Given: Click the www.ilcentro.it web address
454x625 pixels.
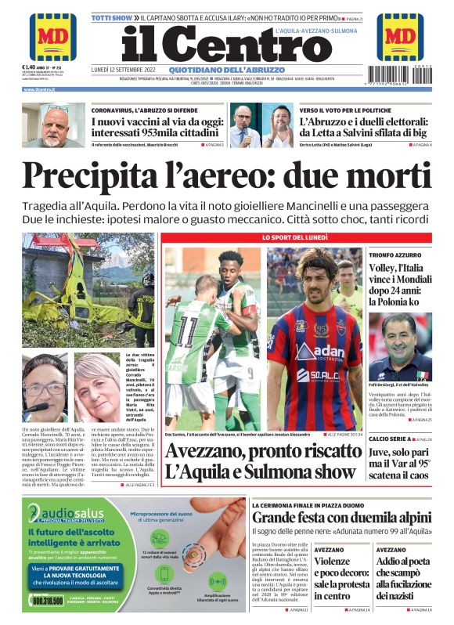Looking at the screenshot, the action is pyautogui.click(x=43, y=89).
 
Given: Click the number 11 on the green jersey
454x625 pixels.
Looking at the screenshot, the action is pyautogui.click(x=187, y=332).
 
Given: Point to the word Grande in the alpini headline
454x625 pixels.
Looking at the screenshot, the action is pyautogui.click(x=276, y=518).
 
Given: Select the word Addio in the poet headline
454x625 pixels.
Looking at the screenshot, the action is pyautogui.click(x=392, y=561).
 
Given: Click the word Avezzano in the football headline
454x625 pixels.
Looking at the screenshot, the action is pyautogui.click(x=207, y=451).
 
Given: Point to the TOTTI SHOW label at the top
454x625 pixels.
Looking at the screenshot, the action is pyautogui.click(x=112, y=16).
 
